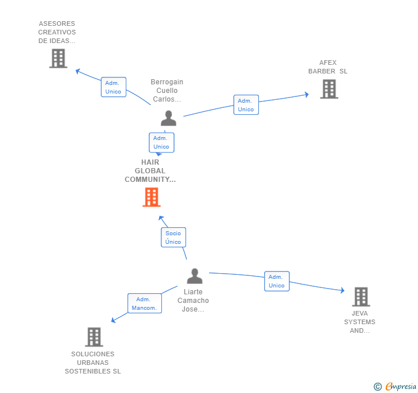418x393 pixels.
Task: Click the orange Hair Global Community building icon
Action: click(x=151, y=197)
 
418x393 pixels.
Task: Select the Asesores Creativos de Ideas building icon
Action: click(x=58, y=59)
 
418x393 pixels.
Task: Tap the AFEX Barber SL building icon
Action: click(x=329, y=89)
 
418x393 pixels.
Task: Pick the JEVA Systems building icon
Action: click(x=361, y=297)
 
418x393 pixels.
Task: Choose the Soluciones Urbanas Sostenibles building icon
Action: click(x=94, y=337)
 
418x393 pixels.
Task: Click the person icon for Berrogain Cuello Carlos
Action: click(x=168, y=118)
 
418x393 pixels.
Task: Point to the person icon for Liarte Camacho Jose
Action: click(x=195, y=276)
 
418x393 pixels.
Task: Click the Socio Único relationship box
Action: click(x=173, y=238)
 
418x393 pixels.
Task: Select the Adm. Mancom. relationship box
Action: click(x=144, y=303)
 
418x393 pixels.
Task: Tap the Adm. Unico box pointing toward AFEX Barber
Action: click(x=246, y=105)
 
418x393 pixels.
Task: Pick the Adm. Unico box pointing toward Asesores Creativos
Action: click(x=113, y=87)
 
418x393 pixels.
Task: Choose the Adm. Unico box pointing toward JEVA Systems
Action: click(x=276, y=281)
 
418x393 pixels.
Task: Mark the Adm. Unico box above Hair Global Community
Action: click(x=161, y=142)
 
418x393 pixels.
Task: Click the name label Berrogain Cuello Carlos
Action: click(x=167, y=91)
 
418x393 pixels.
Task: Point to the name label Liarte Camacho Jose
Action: click(x=193, y=301)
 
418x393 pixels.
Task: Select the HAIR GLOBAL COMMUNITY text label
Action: click(x=150, y=171)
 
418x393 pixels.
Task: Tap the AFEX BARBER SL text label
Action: click(x=328, y=67)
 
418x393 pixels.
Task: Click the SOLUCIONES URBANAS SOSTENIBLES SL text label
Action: click(x=93, y=363)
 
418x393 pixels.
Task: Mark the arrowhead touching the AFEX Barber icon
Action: click(x=306, y=95)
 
